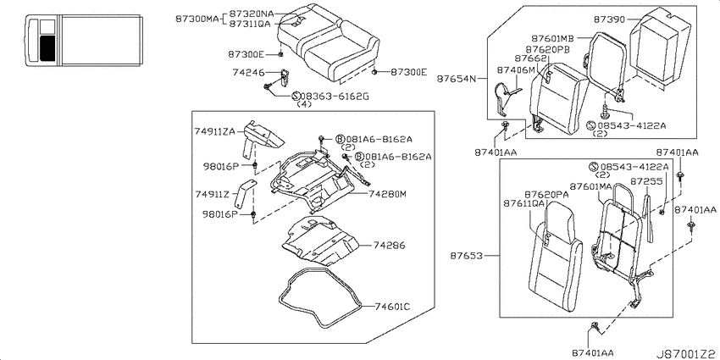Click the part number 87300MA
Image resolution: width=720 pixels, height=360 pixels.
tap(197, 19)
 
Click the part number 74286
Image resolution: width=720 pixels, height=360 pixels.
tap(390, 246)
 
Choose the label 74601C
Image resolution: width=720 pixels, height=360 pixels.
tap(392, 307)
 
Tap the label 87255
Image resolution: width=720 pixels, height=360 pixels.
tap(645, 181)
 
